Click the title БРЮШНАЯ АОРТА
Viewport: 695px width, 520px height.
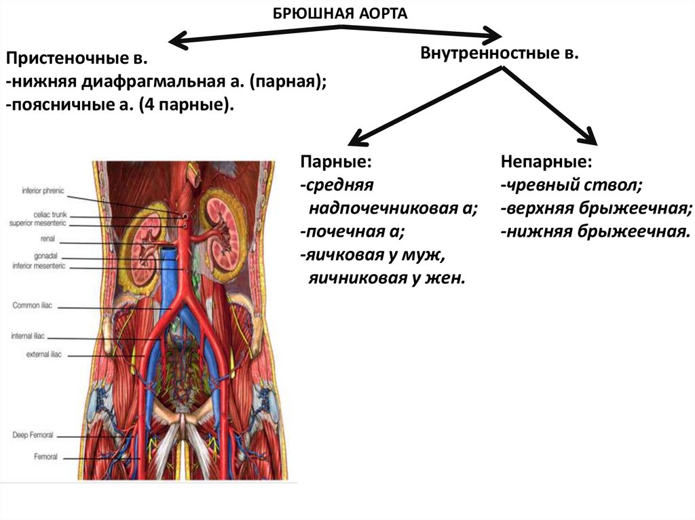click(x=340, y=14)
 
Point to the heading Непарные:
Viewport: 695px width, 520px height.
click(x=546, y=163)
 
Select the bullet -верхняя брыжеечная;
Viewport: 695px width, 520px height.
click(x=596, y=209)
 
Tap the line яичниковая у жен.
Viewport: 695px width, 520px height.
click(x=388, y=278)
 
